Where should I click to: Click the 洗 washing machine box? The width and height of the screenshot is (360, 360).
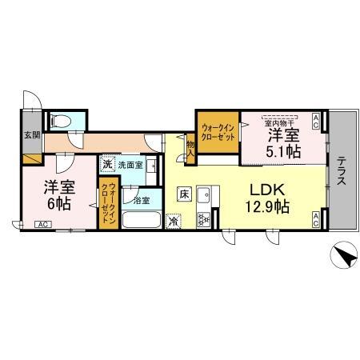point(107,165)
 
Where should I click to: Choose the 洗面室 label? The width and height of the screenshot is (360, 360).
point(130,166)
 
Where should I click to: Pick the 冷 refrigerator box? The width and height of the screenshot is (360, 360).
point(174,219)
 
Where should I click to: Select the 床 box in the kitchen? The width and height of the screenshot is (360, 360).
point(184,194)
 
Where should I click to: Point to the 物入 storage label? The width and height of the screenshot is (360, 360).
point(190,146)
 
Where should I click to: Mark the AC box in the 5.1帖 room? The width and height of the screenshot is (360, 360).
point(318,122)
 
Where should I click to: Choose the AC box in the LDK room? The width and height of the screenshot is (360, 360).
point(318,219)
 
